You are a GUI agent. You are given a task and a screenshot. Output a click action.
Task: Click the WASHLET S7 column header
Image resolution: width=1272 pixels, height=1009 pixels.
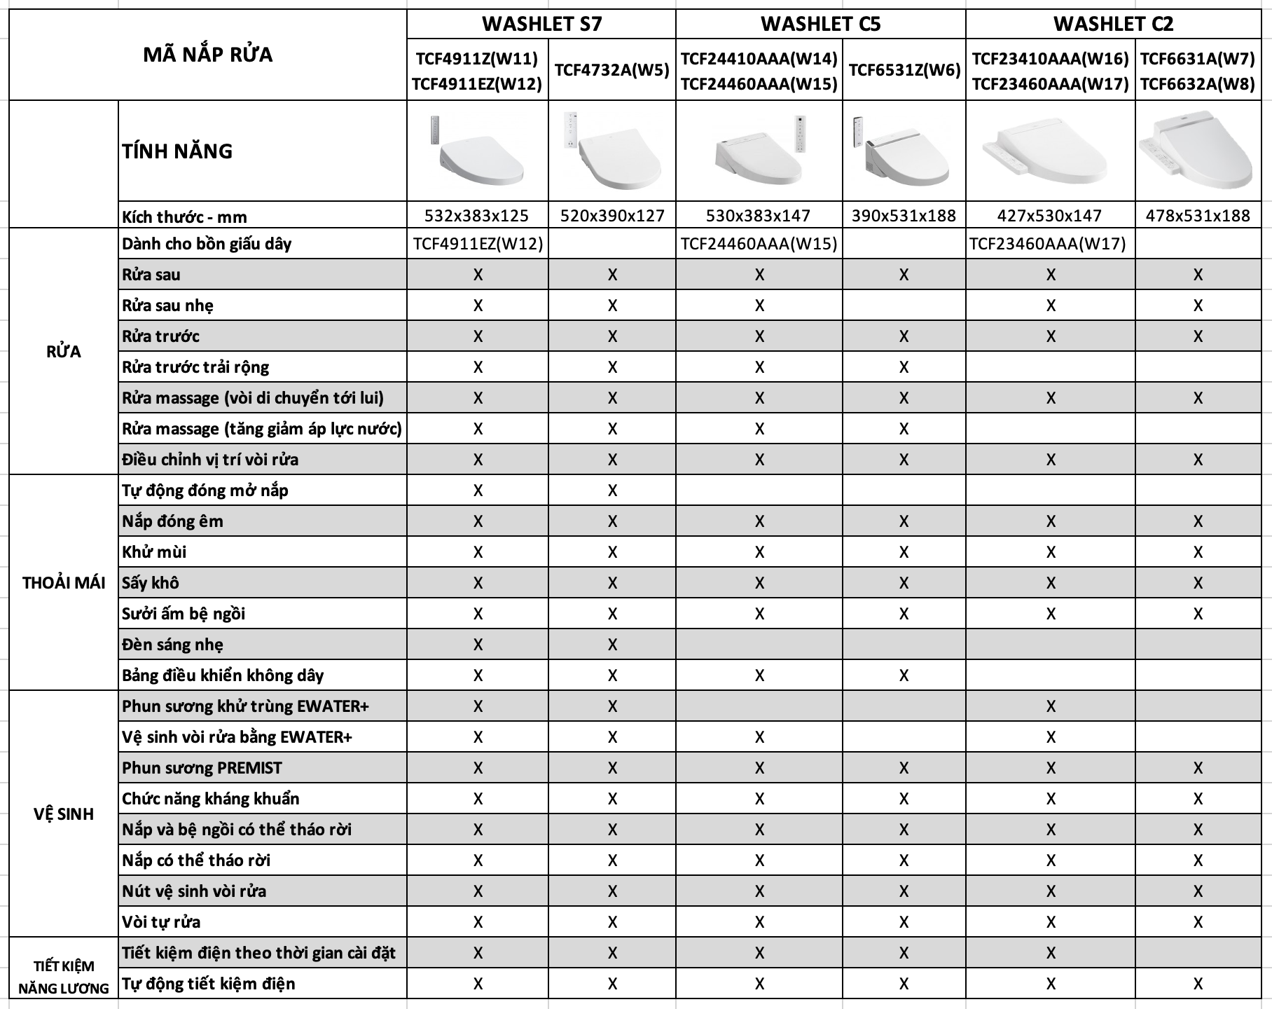pyautogui.click(x=541, y=24)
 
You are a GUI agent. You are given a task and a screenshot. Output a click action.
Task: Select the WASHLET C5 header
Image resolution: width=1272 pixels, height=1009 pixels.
pyautogui.click(x=820, y=24)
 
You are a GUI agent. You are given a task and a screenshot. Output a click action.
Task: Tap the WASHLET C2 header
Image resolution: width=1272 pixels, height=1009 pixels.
pyautogui.click(x=1113, y=24)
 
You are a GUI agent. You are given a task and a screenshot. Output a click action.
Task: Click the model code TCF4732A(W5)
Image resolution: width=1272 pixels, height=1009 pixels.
pyautogui.click(x=612, y=70)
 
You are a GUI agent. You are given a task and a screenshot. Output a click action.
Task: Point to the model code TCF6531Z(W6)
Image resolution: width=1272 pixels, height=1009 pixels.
pyautogui.click(x=904, y=70)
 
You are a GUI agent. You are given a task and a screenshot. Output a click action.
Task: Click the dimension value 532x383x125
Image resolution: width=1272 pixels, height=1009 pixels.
pyautogui.click(x=477, y=216)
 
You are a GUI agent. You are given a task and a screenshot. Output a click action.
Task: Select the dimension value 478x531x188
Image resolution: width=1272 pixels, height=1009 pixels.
pyautogui.click(x=1198, y=216)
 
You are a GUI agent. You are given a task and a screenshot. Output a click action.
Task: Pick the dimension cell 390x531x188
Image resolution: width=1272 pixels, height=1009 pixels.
pyautogui.click(x=904, y=216)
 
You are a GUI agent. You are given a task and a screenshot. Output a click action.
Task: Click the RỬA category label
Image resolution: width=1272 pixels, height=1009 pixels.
pyautogui.click(x=64, y=352)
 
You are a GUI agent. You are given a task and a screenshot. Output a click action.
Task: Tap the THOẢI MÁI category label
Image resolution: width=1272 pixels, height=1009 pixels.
pyautogui.click(x=64, y=583)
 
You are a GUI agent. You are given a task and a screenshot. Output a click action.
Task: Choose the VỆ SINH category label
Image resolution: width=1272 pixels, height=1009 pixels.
pyautogui.click(x=64, y=814)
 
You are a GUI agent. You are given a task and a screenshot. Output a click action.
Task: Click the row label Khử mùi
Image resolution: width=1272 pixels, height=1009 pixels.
pyautogui.click(x=154, y=552)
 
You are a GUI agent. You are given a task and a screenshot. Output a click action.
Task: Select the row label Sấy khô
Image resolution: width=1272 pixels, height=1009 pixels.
pyautogui.click(x=151, y=583)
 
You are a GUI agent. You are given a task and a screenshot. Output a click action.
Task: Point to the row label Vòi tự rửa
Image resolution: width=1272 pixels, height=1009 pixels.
pyautogui.click(x=161, y=922)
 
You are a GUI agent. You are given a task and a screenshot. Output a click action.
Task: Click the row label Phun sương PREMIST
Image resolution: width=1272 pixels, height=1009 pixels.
pyautogui.click(x=202, y=768)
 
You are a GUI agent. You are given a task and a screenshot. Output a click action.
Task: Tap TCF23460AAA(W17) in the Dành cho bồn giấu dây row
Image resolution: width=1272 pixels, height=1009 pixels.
pyautogui.click(x=1048, y=244)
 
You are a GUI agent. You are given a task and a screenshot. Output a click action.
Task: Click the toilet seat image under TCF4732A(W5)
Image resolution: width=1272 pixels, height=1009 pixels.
pyautogui.click(x=612, y=152)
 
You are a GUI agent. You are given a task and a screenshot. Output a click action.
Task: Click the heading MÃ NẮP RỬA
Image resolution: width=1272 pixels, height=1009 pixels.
pyautogui.click(x=208, y=55)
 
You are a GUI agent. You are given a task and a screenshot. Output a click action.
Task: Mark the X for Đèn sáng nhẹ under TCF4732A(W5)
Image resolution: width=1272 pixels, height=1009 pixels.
pyautogui.click(x=612, y=645)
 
